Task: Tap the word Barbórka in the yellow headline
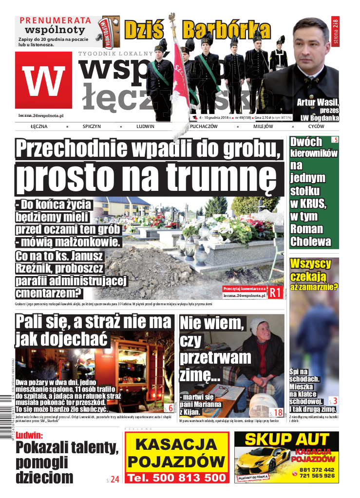pos(227,30)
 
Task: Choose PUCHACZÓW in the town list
pos(204,126)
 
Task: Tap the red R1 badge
pos(275,292)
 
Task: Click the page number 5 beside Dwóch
pos(334,141)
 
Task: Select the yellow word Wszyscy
pos(310,264)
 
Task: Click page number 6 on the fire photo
pos(169,408)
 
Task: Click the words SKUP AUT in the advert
pos(286,440)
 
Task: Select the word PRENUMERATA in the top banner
pos(56,20)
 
